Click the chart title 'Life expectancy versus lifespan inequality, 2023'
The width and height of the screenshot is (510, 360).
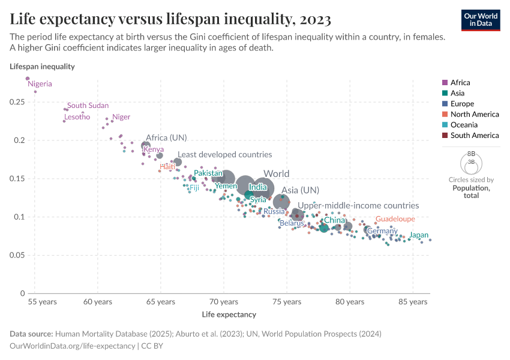tap(170, 20)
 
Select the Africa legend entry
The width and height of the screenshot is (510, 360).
tap(460, 83)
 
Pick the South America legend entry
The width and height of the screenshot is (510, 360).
tap(474, 136)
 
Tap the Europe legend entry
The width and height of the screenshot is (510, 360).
tap(462, 104)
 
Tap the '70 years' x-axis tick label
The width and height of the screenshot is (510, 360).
tap(223, 302)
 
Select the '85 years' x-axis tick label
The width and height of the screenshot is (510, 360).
tap(412, 302)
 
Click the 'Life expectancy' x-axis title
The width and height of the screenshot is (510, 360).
tap(229, 314)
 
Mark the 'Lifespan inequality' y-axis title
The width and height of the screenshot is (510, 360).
tap(42, 67)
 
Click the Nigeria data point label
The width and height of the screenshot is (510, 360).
tap(40, 84)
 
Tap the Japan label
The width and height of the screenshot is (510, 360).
tap(419, 235)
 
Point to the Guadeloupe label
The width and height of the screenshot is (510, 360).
tap(395, 219)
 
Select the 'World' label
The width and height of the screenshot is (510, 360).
tap(276, 174)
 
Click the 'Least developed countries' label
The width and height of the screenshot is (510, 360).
tap(224, 155)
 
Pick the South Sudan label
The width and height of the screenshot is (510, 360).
tap(88, 106)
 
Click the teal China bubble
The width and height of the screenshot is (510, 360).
tap(324, 227)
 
